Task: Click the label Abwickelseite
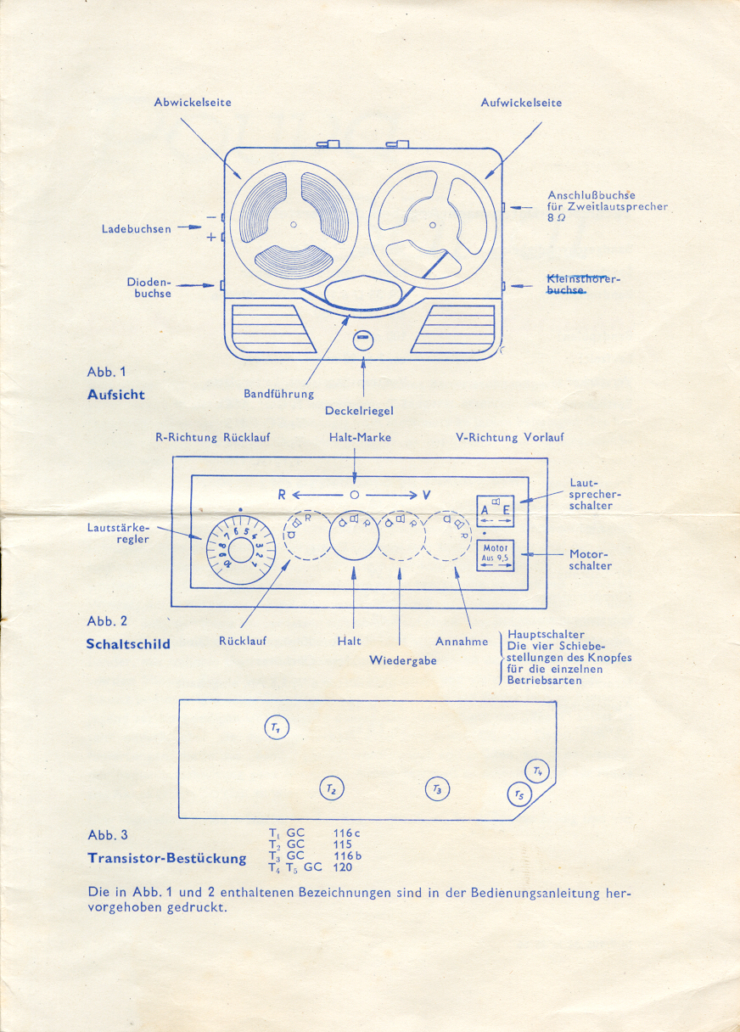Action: click(193, 103)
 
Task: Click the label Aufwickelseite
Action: click(521, 103)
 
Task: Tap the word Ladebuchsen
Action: click(137, 228)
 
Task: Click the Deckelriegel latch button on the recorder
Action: click(363, 339)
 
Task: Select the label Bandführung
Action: click(278, 394)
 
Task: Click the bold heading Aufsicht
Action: click(116, 395)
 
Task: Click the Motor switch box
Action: click(495, 555)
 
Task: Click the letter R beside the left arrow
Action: click(282, 495)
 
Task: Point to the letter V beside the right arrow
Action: click(426, 495)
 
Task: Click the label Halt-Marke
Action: click(360, 438)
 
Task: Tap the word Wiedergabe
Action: click(403, 660)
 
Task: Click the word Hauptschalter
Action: click(546, 634)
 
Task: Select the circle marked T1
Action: click(277, 727)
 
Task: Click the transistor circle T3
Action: click(437, 789)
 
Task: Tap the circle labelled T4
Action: click(537, 771)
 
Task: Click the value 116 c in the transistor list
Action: click(347, 833)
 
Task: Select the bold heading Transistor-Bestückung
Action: click(167, 858)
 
